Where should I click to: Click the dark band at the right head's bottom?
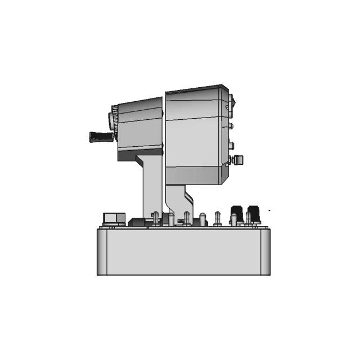click(x=194, y=175)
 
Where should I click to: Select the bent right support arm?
click(x=179, y=200)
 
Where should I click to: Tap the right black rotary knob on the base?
click(x=253, y=213)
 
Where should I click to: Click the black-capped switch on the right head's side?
click(x=238, y=160)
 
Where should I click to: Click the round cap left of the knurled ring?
click(x=111, y=119)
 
